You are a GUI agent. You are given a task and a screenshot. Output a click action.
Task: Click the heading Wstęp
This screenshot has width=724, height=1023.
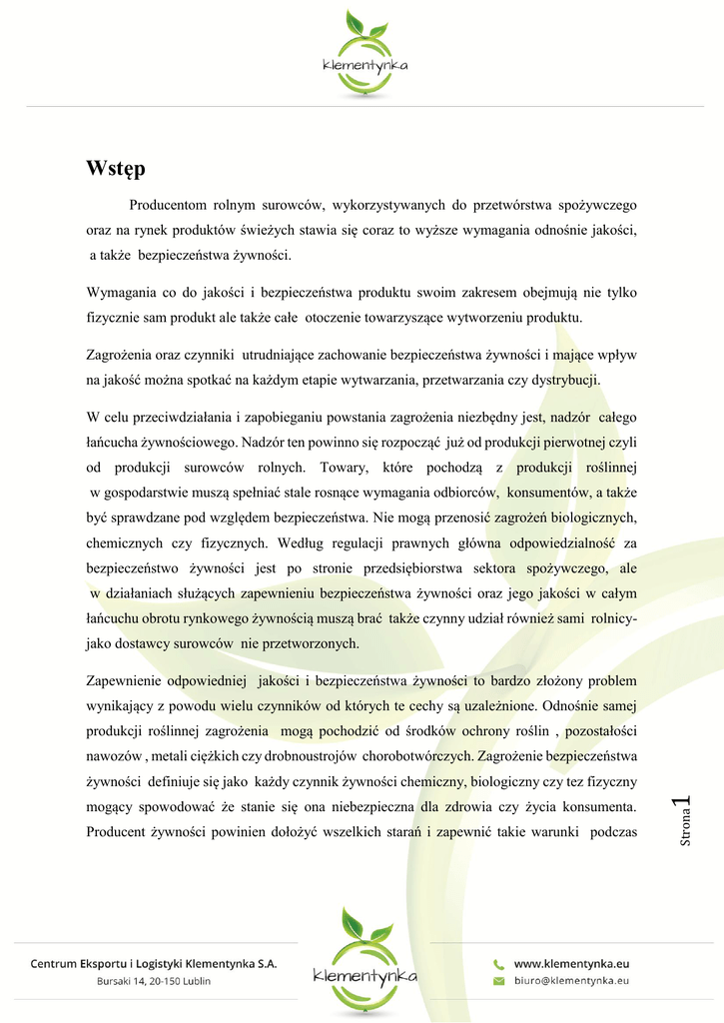pos(116,168)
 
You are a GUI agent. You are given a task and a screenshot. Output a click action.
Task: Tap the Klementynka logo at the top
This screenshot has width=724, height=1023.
pos(362,55)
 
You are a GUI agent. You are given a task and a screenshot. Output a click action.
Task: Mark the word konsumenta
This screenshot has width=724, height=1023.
pos(595,805)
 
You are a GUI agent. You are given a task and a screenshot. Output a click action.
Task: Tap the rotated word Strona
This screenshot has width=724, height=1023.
pos(685,830)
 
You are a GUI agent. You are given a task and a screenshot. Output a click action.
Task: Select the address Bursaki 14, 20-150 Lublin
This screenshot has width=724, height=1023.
pos(154,981)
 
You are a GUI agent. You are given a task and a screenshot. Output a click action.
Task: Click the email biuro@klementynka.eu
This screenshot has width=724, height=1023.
pos(571,981)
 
